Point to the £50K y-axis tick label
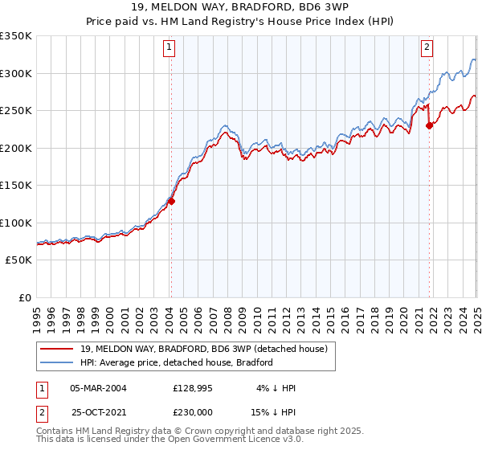(18, 260)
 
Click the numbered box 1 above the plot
(170, 48)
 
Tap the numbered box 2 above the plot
(427, 48)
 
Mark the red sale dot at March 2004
(171, 202)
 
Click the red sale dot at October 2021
(430, 125)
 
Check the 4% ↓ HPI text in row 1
(276, 388)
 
